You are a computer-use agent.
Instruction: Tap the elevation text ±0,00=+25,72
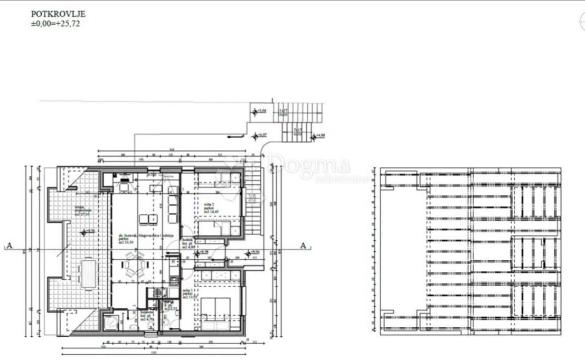[55, 24]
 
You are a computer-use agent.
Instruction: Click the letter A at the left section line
[8, 245]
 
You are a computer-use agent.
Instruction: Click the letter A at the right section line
[303, 245]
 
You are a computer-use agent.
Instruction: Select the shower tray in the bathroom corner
[111, 322]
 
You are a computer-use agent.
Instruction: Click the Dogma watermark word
[309, 165]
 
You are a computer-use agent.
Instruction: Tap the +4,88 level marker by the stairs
[318, 136]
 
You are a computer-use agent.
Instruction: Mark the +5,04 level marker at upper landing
[259, 111]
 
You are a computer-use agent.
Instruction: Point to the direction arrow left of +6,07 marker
[233, 136]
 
